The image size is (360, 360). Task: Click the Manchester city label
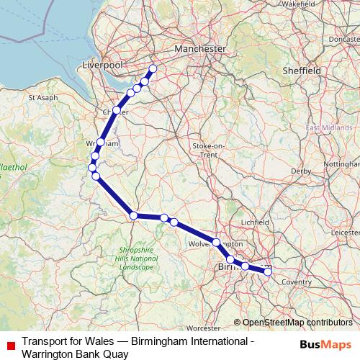(x=199, y=48)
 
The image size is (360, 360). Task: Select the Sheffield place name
(x=302, y=71)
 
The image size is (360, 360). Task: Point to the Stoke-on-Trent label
(x=210, y=150)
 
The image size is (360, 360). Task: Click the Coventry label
(x=296, y=282)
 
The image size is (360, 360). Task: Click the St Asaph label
(x=42, y=96)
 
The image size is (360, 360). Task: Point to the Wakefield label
(x=300, y=4)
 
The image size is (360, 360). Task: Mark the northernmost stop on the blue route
(x=153, y=69)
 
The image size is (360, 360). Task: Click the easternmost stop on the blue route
(x=268, y=271)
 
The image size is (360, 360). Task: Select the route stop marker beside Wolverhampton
(x=216, y=242)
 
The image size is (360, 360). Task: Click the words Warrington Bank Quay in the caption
(x=76, y=354)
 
